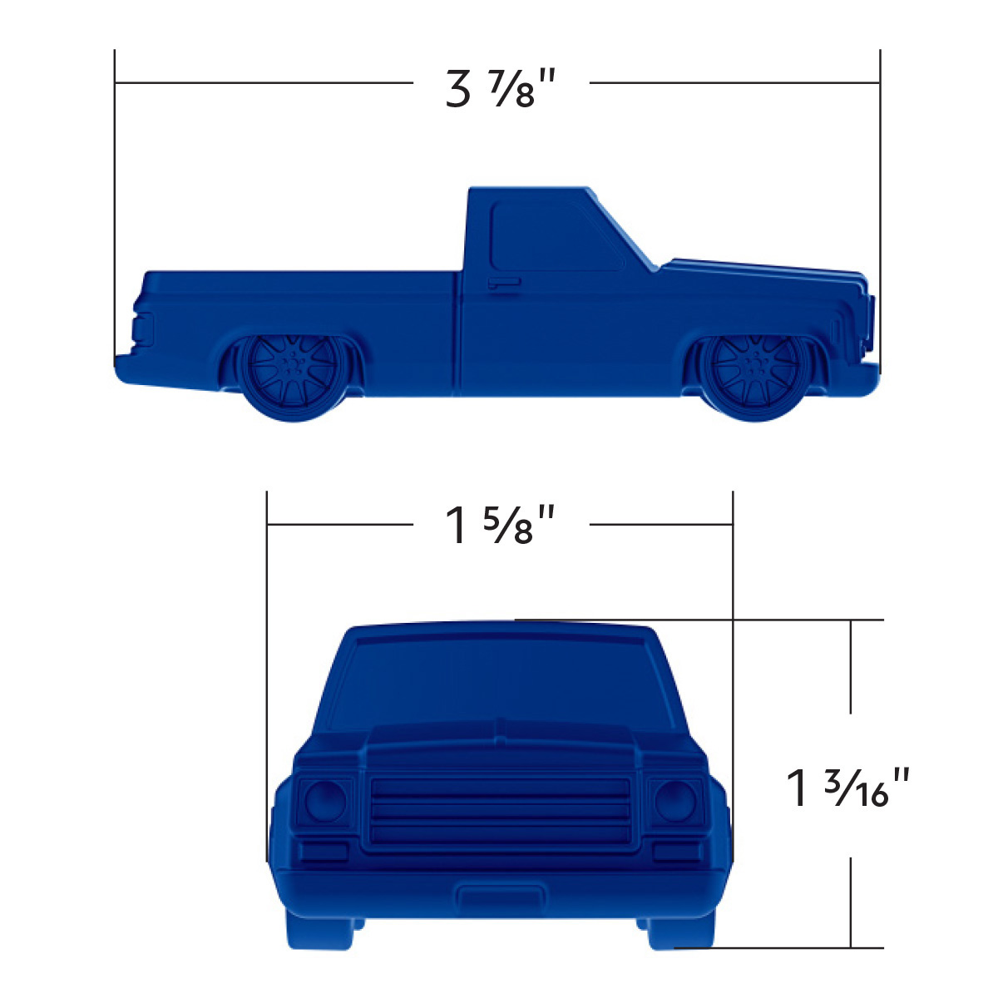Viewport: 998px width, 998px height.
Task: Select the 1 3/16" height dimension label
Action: pos(849,787)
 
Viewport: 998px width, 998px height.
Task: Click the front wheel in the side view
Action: pos(753,374)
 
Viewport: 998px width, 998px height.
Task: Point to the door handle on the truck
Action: pos(504,284)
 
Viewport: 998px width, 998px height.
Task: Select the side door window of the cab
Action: pos(553,236)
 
